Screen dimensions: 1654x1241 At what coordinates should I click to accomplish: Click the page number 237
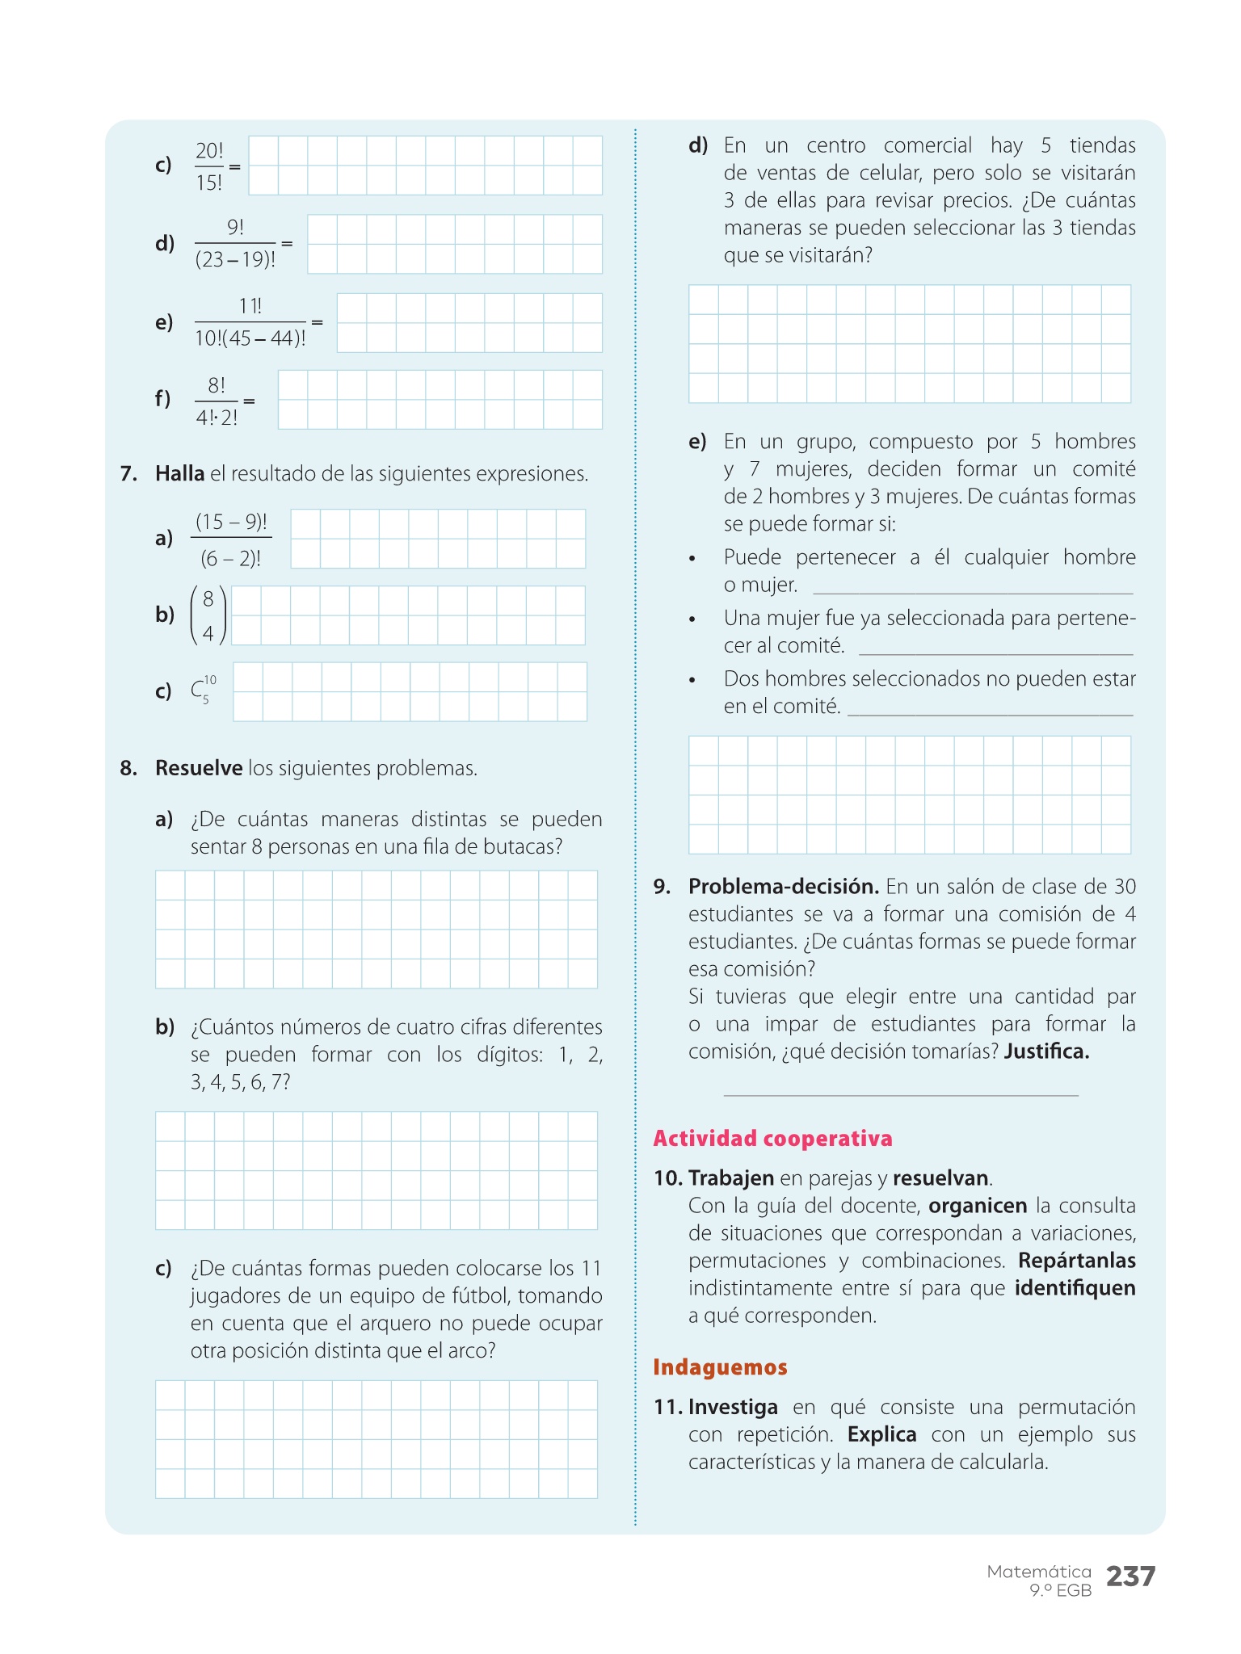coord(1130,1576)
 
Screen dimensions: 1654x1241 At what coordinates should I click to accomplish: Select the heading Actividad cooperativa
coord(772,1139)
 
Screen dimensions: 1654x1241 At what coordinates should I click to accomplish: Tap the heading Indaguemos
coord(720,1367)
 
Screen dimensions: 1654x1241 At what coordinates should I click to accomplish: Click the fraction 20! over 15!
coord(209,166)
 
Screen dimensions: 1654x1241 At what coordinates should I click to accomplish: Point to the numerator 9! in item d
coord(235,228)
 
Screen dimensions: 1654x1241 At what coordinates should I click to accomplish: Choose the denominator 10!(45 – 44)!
coord(250,338)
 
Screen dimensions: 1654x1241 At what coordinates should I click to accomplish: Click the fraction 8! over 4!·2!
coord(217,401)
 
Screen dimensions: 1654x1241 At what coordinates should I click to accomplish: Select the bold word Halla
coord(179,473)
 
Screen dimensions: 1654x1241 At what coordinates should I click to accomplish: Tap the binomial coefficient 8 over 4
coord(208,616)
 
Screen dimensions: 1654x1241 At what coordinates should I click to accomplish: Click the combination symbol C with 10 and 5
coord(203,691)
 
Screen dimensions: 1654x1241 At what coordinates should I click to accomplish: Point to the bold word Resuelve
coord(199,768)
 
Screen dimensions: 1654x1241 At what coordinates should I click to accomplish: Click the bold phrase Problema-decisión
coord(784,887)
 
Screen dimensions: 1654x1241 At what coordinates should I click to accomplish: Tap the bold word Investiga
coord(733,1407)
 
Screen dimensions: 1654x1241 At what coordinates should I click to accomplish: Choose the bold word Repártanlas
coord(1076,1261)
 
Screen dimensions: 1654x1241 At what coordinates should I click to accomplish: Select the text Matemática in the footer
coord(1039,1572)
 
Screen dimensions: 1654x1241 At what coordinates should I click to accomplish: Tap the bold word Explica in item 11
coord(881,1434)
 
